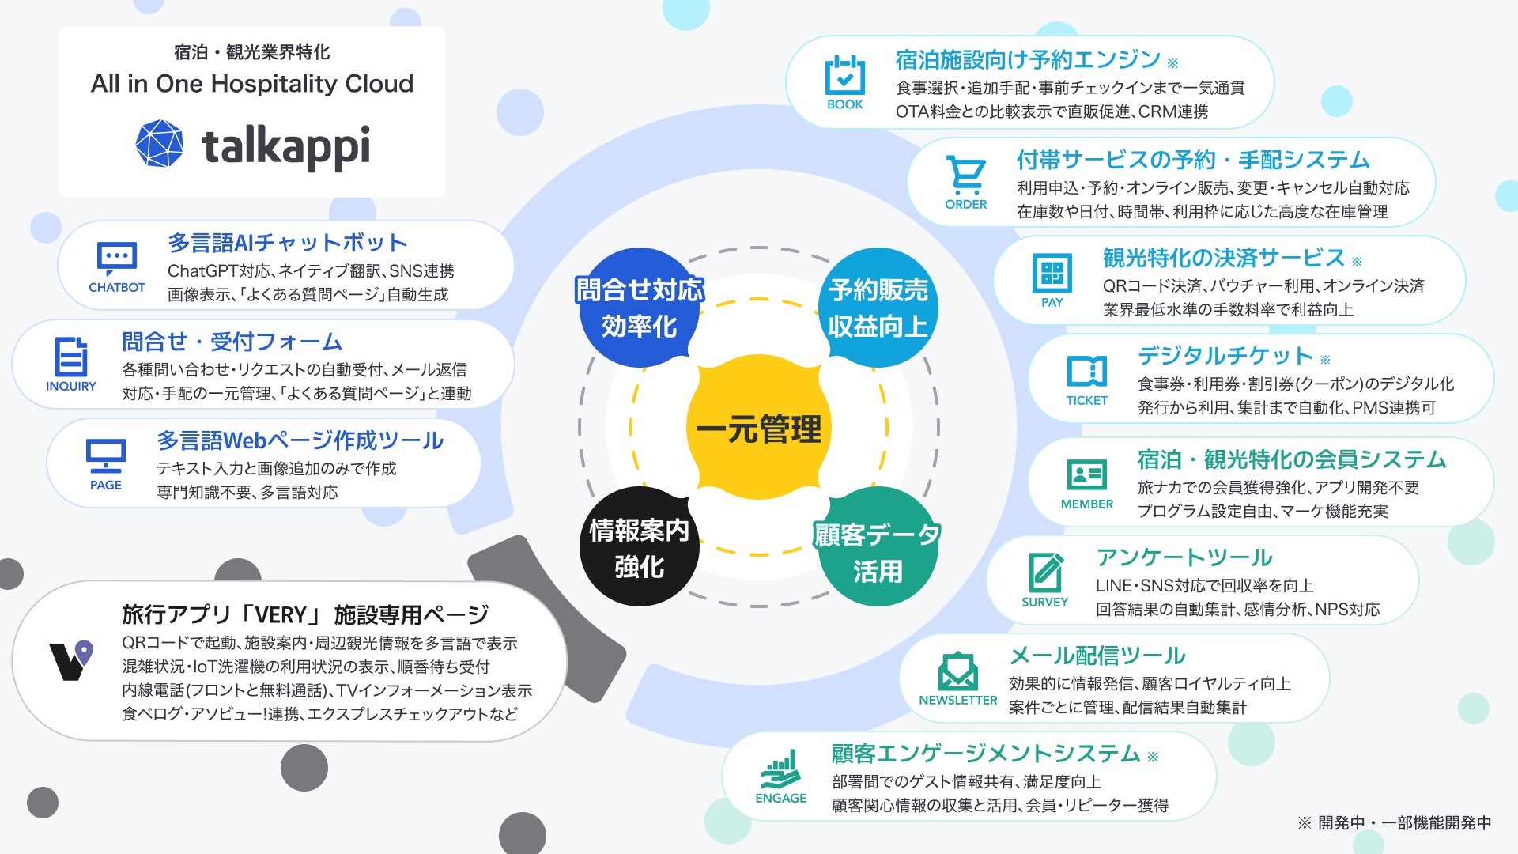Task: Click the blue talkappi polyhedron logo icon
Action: (x=160, y=144)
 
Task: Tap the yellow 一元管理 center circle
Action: (x=758, y=428)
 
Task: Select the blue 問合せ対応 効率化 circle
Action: (x=639, y=308)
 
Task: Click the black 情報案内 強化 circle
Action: (x=639, y=547)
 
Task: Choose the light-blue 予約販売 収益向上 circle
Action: (x=878, y=308)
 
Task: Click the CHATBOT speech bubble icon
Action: (x=117, y=258)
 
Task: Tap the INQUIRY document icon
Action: (x=71, y=357)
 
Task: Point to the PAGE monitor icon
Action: (x=106, y=455)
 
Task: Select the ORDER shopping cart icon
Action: (x=965, y=175)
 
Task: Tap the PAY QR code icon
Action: (x=1052, y=273)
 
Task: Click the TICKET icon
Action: (x=1087, y=371)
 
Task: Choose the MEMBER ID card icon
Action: (x=1087, y=474)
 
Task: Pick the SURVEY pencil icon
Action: (x=1045, y=572)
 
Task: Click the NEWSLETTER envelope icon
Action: (x=957, y=671)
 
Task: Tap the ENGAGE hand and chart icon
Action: (x=780, y=769)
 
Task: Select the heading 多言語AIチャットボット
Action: (x=287, y=242)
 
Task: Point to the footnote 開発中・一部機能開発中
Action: (x=1403, y=823)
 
